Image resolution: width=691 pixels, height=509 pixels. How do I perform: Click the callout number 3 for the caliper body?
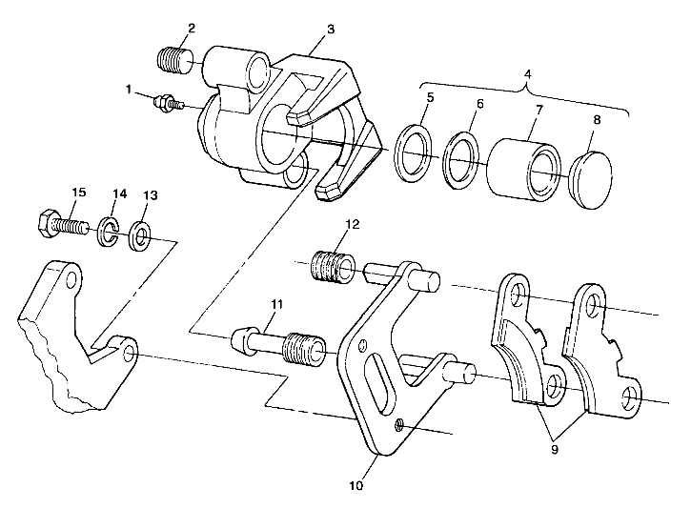330,30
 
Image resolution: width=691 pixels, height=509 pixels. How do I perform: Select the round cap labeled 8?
590,176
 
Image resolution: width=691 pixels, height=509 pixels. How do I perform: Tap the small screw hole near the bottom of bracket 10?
398,424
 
